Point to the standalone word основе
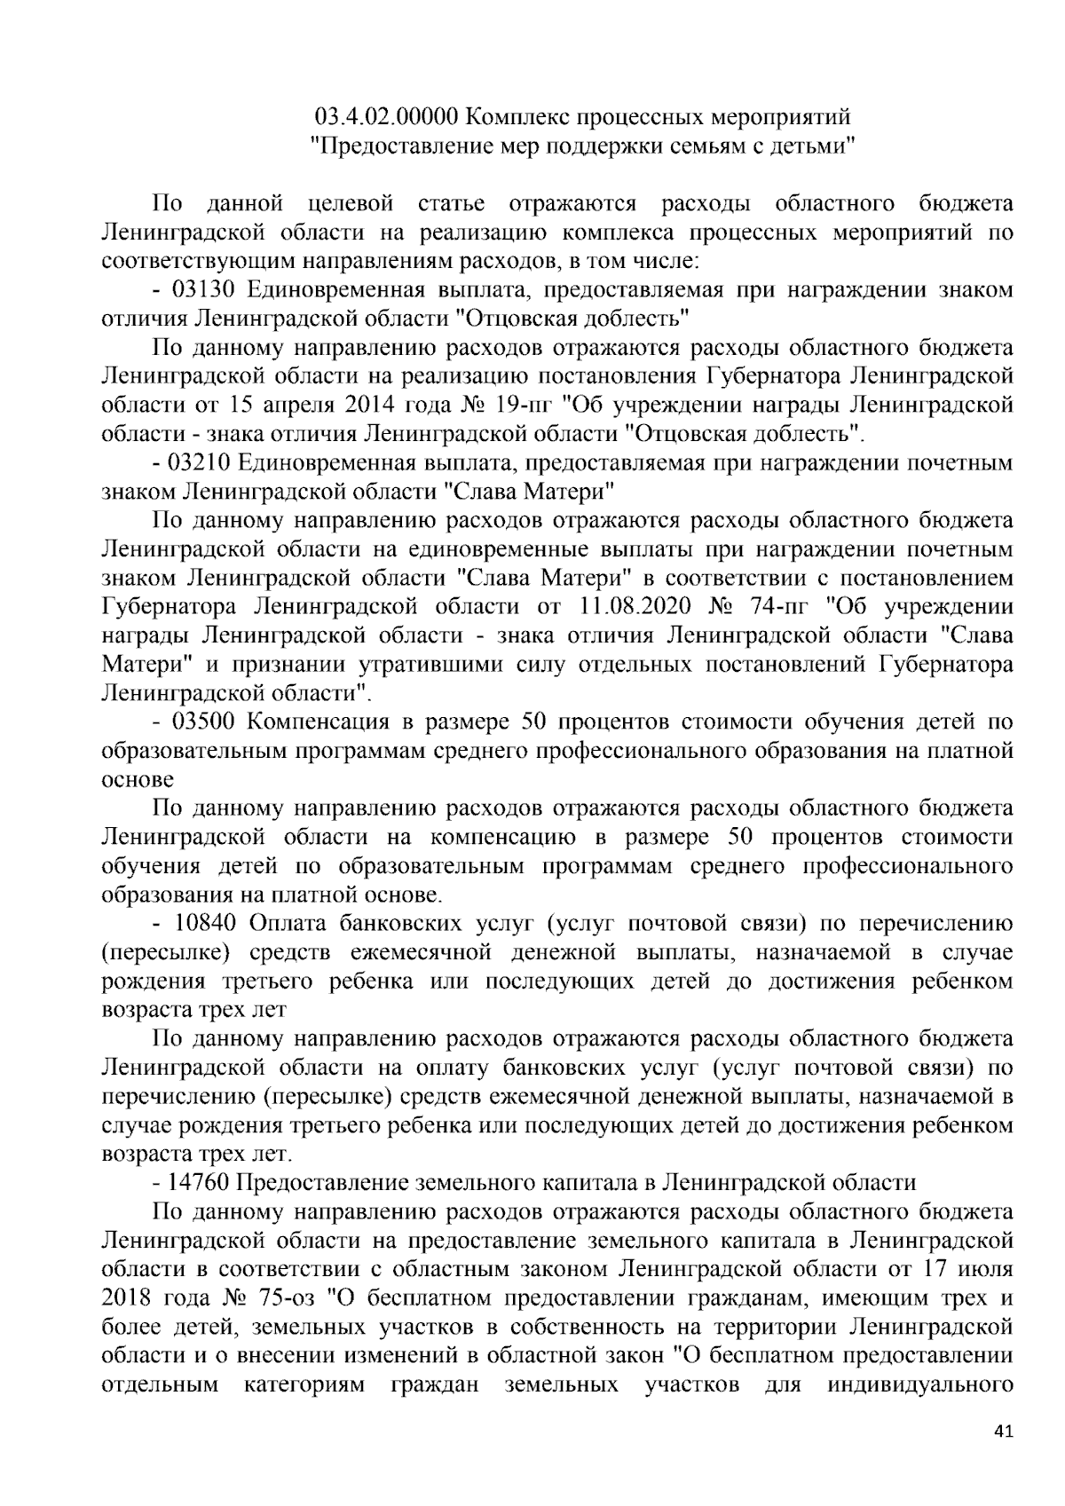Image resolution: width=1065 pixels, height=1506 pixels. pyautogui.click(x=138, y=779)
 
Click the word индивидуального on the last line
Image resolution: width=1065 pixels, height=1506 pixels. pyautogui.click(x=919, y=1384)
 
